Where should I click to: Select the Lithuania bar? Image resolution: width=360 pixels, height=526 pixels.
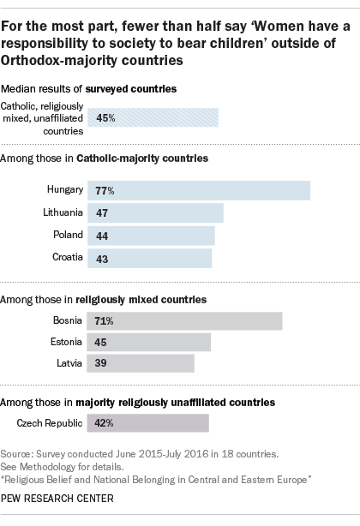point(155,212)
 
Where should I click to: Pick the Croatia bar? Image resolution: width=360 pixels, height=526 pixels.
point(150,257)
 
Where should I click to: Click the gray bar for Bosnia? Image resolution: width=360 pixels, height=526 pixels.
point(185,320)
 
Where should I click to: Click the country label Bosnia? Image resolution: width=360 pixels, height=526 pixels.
point(66,320)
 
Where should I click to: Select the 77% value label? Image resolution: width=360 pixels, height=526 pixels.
point(105,190)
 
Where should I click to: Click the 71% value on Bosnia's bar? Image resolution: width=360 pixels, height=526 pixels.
point(105,320)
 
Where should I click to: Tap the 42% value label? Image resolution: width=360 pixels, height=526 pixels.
point(105,423)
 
